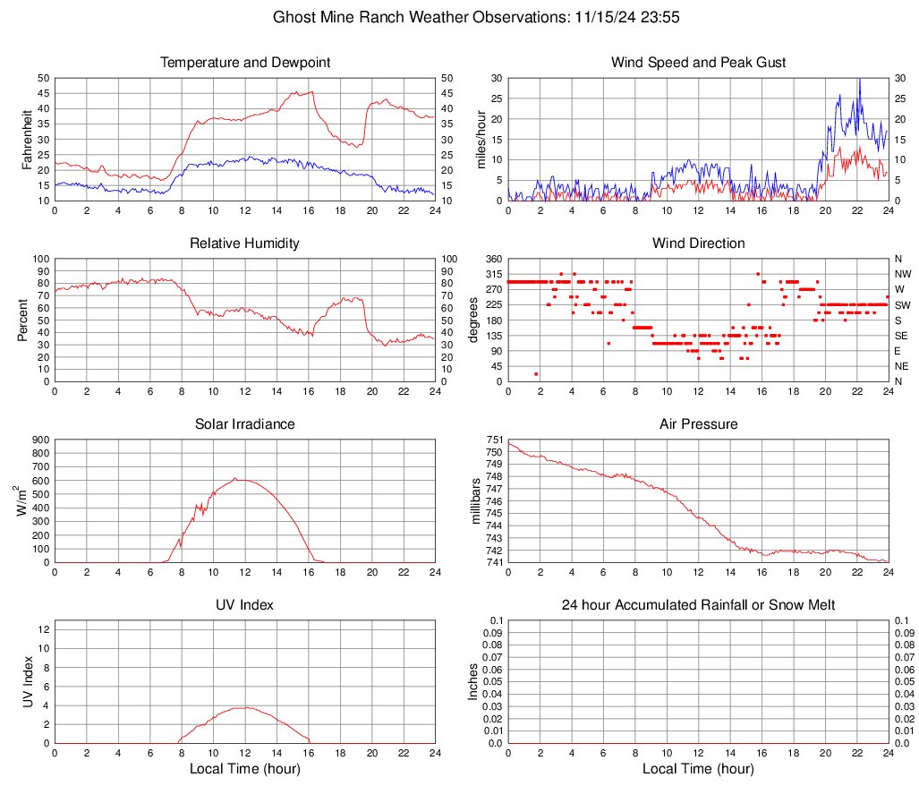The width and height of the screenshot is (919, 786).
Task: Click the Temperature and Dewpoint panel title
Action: tap(245, 63)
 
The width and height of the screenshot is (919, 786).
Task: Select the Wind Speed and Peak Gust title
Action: tap(698, 63)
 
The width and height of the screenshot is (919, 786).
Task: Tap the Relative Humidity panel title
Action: tap(245, 243)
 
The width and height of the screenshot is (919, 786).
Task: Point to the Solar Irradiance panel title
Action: tap(245, 424)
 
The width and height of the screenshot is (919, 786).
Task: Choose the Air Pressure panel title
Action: tap(698, 424)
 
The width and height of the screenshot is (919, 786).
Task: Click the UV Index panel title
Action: tap(245, 605)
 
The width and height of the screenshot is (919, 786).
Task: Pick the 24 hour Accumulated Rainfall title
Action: tap(698, 605)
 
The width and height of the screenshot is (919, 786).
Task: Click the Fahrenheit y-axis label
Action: tap(26, 139)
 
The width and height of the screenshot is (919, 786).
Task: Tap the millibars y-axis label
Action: tap(476, 500)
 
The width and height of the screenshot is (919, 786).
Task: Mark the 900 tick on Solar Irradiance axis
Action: tap(40, 440)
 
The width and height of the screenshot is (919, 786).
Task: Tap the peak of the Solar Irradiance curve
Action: tap(235, 478)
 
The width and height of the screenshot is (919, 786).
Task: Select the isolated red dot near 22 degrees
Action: tap(536, 374)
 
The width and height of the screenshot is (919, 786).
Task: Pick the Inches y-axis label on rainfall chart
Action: tap(474, 681)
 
